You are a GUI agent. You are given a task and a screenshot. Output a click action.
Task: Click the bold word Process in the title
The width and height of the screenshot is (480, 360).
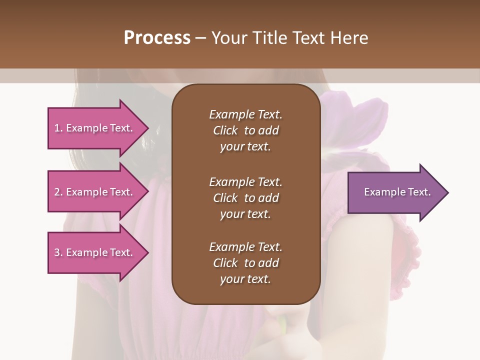pyautogui.click(x=157, y=38)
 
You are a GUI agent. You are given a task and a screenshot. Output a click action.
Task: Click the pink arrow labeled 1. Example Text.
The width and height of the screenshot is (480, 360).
pyautogui.click(x=95, y=128)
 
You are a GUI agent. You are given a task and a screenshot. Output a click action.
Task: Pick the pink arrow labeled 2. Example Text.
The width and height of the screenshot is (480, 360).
pyautogui.click(x=95, y=192)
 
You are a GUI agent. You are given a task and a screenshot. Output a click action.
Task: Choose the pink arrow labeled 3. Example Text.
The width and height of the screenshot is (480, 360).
pyautogui.click(x=95, y=252)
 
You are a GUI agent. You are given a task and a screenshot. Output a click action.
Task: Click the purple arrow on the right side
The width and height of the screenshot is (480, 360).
pyautogui.click(x=395, y=192)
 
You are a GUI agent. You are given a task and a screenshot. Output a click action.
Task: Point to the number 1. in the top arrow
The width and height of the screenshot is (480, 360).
pyautogui.click(x=58, y=128)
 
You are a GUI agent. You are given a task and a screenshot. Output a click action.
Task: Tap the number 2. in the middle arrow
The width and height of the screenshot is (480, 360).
pyautogui.click(x=58, y=192)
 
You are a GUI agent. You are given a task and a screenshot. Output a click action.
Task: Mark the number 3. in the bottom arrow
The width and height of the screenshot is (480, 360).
pyautogui.click(x=58, y=252)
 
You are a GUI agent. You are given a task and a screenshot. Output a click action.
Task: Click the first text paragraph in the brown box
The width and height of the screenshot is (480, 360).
pyautogui.click(x=245, y=130)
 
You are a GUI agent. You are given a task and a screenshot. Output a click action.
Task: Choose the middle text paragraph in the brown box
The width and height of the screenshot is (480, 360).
pyautogui.click(x=245, y=198)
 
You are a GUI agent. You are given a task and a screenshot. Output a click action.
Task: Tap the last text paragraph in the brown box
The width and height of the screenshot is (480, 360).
pyautogui.click(x=245, y=263)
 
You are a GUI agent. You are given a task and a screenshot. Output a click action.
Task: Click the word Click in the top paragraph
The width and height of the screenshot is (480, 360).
pyautogui.click(x=225, y=130)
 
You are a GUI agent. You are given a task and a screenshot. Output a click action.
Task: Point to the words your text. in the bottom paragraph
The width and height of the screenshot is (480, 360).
pyautogui.click(x=245, y=279)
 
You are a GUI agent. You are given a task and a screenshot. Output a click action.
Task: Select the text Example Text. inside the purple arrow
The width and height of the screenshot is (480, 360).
pyautogui.click(x=397, y=192)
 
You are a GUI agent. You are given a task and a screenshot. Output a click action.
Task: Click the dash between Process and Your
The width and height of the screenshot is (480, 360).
pyautogui.click(x=200, y=38)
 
